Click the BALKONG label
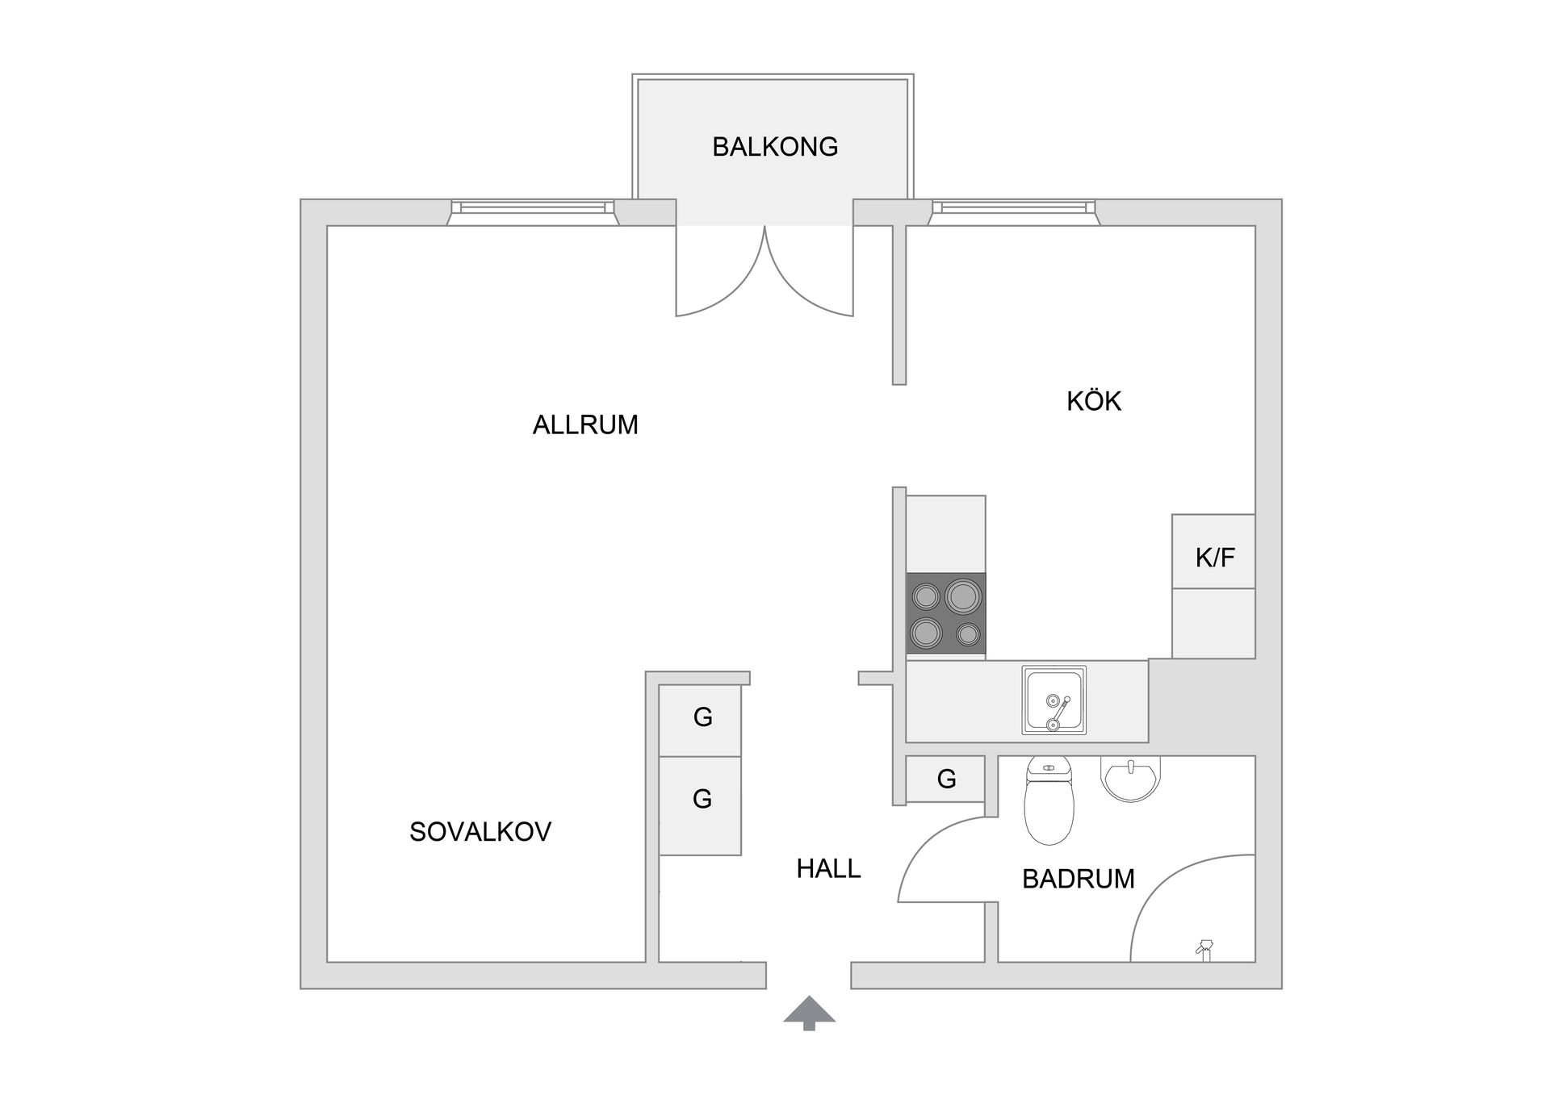pos(774,147)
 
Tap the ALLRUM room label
pos(585,424)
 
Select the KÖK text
pos(1094,401)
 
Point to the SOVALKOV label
pos(480,832)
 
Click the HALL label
pos(828,868)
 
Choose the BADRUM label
pos(1078,879)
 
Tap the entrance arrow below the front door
pos(809,1013)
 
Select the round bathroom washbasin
pos(1130,779)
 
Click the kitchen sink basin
pos(1054,700)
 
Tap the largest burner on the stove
pos(963,596)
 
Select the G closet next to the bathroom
pos(945,779)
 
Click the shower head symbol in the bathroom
pos(1205,948)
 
